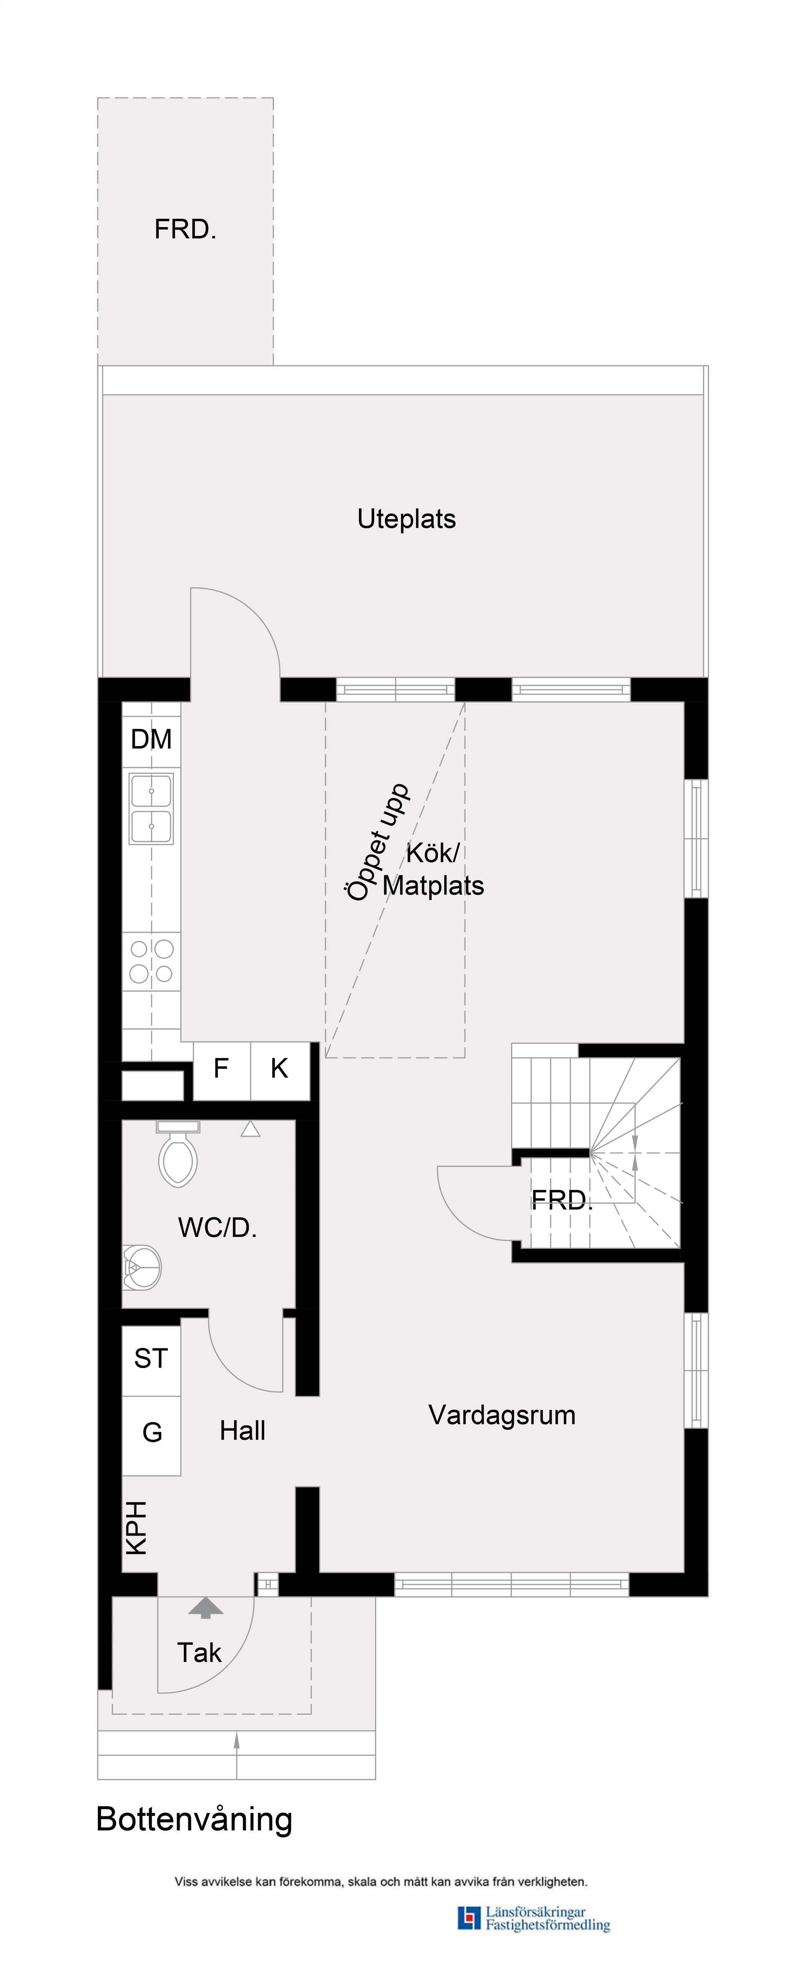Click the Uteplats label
click(406, 519)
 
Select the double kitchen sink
click(151, 808)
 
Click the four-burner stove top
click(151, 961)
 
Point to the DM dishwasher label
click(151, 739)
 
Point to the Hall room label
click(242, 1431)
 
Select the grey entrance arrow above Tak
click(206, 1608)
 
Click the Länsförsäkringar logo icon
click(468, 1918)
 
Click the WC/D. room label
click(217, 1228)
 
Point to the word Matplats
click(433, 886)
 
